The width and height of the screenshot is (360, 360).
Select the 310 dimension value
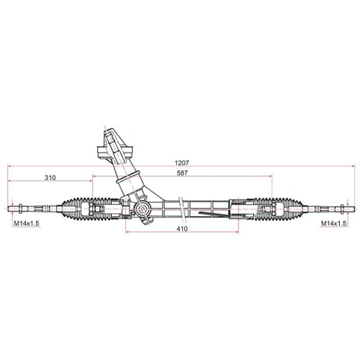tap(50, 176)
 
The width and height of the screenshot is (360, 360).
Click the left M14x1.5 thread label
tap(26, 224)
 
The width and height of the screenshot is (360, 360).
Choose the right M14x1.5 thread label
tap(334, 224)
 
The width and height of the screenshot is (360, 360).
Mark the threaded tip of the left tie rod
tap(11, 209)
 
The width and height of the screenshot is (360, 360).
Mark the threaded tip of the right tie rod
tap(349, 209)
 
